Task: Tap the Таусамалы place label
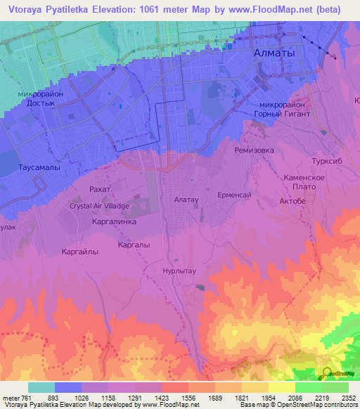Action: point(39,168)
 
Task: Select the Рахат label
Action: point(101,190)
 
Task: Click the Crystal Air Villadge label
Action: point(98,207)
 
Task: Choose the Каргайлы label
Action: point(79,251)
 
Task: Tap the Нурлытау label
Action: point(181,268)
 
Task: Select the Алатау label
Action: point(186,200)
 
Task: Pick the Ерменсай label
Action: point(234,194)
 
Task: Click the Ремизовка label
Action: point(254,150)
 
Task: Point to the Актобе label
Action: point(292,201)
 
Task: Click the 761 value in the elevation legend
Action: point(25,398)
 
